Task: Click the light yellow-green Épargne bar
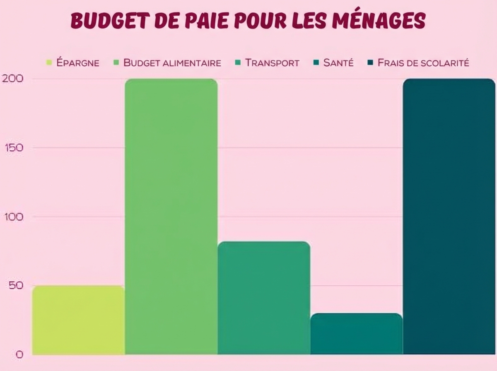coord(78,320)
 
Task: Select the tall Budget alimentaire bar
coord(171,216)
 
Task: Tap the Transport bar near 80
coord(264,298)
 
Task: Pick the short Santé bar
coord(356,334)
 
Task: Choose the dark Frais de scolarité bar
coord(449,216)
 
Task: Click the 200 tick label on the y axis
coord(9,78)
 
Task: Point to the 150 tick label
coord(9,147)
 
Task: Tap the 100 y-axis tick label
coord(9,217)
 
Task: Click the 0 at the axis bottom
coord(19,354)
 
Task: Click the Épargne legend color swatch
coord(49,63)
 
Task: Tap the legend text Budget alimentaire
coord(172,63)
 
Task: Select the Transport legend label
coord(272,63)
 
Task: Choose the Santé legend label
coord(338,63)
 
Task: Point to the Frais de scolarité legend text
coord(423,63)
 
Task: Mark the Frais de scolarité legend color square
coord(371,63)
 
